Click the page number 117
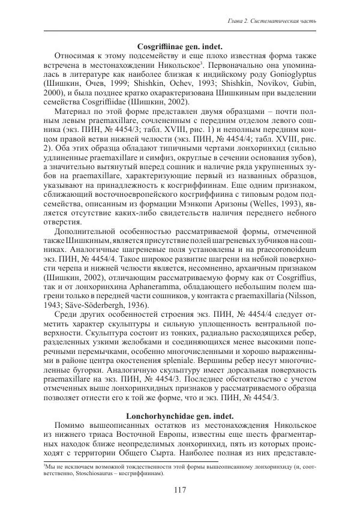point(180,490)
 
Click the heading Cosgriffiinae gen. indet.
point(180,46)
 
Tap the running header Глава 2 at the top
point(273,22)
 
